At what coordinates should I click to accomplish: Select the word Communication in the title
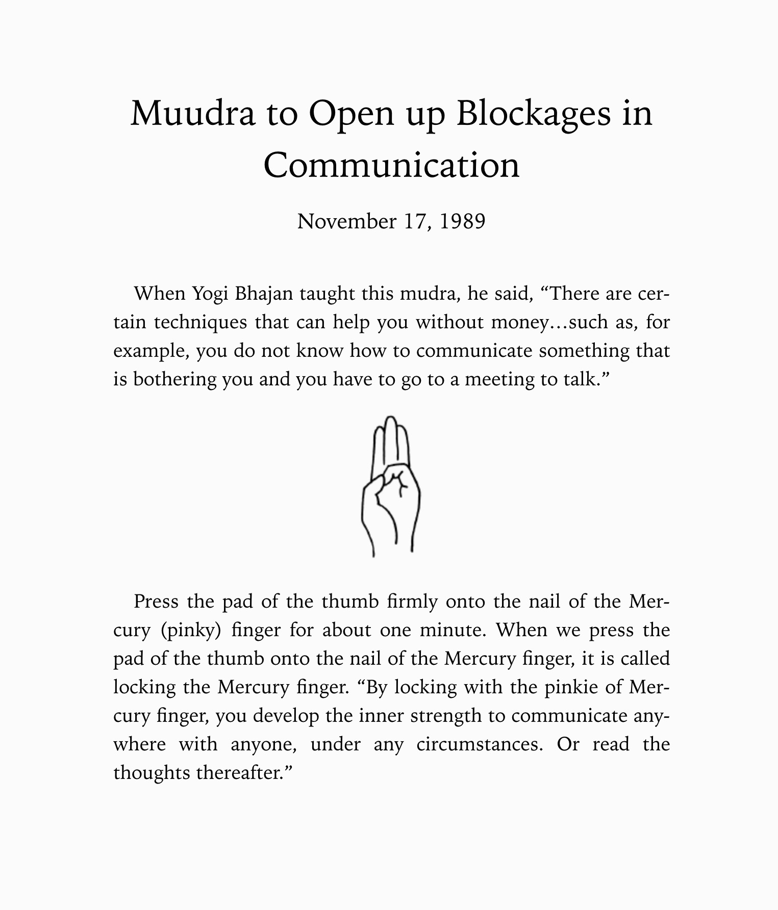pyautogui.click(x=391, y=165)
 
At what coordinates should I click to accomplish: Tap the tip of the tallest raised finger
pyautogui.click(x=391, y=420)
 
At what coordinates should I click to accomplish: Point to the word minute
pyautogui.click(x=450, y=631)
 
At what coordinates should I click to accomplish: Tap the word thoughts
pyautogui.click(x=151, y=773)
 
